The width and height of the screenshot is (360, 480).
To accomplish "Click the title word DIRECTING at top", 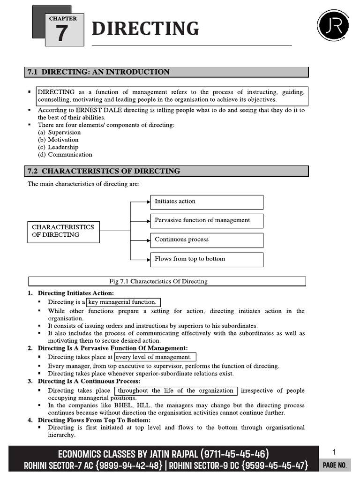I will point(145,29).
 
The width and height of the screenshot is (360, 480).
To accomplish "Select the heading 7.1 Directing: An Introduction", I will point(98,72).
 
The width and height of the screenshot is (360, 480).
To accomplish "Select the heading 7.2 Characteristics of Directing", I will point(104,171).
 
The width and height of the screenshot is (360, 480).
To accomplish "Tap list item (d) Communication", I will point(65,155).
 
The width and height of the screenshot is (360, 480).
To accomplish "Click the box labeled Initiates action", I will point(206,202).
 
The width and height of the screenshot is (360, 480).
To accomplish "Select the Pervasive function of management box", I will point(206,220).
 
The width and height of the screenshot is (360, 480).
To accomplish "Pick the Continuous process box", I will point(206,240).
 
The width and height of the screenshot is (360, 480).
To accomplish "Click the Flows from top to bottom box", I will point(206,259).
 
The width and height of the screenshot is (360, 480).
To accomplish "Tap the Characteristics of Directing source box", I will point(63,231).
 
